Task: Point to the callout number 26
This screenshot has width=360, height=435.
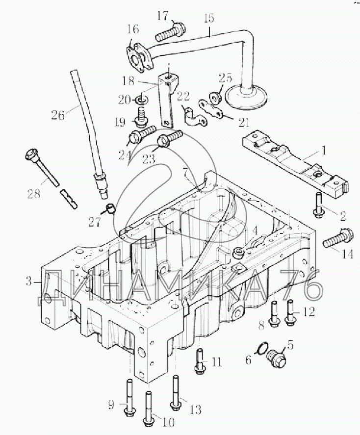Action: point(58,114)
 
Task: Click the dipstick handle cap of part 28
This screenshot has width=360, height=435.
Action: point(31,155)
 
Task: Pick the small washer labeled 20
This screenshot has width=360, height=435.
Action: point(143,99)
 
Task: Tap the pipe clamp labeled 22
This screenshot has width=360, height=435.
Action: point(195,117)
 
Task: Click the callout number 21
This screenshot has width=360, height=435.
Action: point(244,122)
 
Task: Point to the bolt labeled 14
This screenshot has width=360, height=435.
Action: point(338,238)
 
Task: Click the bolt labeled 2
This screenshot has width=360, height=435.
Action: point(317,205)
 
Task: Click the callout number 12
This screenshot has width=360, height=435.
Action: point(309,312)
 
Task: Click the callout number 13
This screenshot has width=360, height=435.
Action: point(196,410)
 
